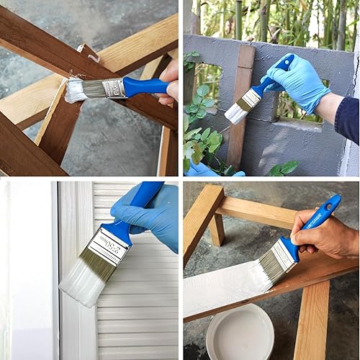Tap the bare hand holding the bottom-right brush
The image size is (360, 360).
pyautogui.click(x=328, y=239)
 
